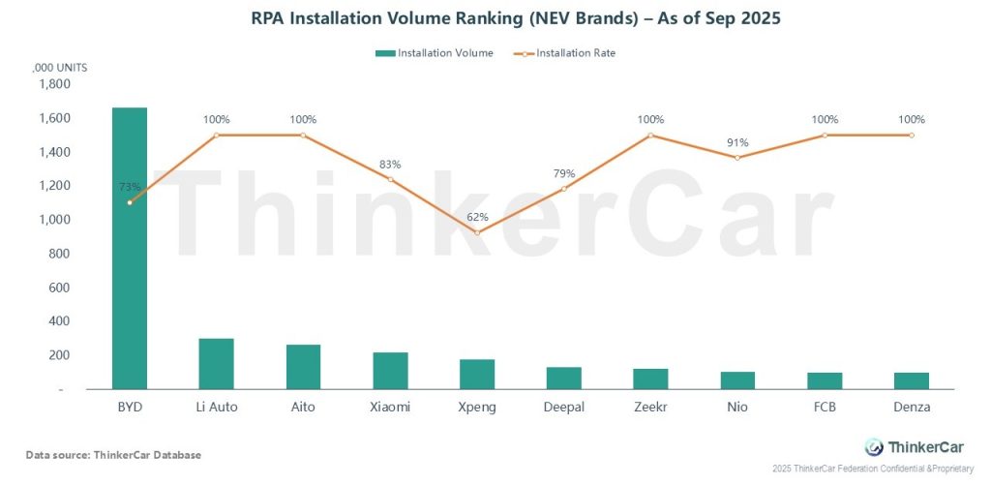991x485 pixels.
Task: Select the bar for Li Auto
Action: [217, 364]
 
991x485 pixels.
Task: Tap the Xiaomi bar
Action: [390, 371]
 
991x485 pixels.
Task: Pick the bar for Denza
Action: [912, 380]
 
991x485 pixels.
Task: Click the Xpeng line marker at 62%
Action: [477, 232]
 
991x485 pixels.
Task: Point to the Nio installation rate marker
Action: [737, 157]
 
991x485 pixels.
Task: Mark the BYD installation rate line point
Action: [130, 202]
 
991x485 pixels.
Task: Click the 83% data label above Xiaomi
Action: [390, 165]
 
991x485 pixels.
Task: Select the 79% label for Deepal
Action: [564, 174]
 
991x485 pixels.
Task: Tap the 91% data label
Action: [737, 142]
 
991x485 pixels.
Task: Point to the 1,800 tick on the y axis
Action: [53, 84]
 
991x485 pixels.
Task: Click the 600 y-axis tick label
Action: [58, 288]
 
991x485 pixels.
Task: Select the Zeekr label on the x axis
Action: [650, 408]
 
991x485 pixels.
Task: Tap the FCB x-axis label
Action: [825, 408]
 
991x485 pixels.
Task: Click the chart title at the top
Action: [495, 17]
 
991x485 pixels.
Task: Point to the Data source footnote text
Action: [114, 454]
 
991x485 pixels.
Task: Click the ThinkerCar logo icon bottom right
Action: [874, 446]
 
